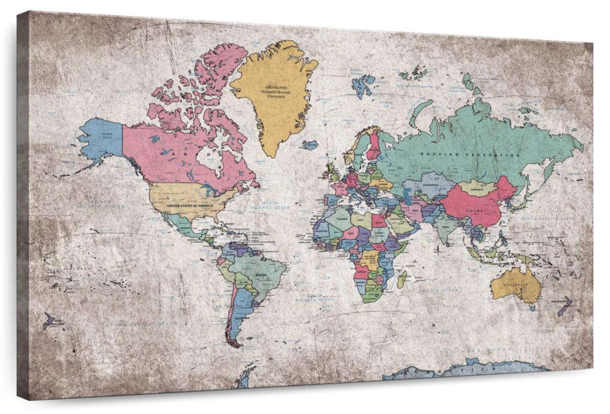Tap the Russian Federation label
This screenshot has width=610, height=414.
pyautogui.click(x=470, y=154)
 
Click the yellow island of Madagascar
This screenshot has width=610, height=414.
pyautogui.click(x=402, y=279)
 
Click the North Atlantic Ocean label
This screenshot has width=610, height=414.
pyautogui.click(x=269, y=205)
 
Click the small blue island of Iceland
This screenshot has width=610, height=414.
pyautogui.click(x=310, y=145)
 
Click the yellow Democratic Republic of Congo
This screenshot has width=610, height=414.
pyautogui.click(x=370, y=259)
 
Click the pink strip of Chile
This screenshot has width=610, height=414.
pyautogui.click(x=230, y=315)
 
